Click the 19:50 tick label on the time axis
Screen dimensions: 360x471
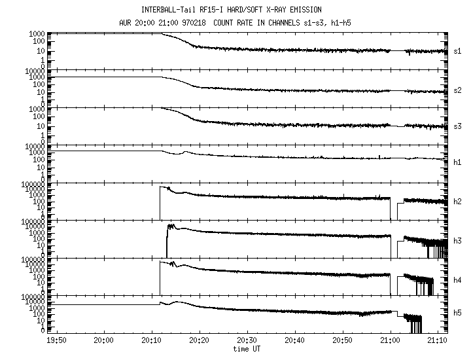57,340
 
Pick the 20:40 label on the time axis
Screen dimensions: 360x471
295,340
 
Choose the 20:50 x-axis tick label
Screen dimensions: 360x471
343,340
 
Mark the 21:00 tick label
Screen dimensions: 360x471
391,340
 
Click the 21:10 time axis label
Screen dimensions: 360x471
438,340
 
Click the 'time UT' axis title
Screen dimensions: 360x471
247,349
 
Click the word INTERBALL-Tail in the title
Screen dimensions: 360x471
169,10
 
